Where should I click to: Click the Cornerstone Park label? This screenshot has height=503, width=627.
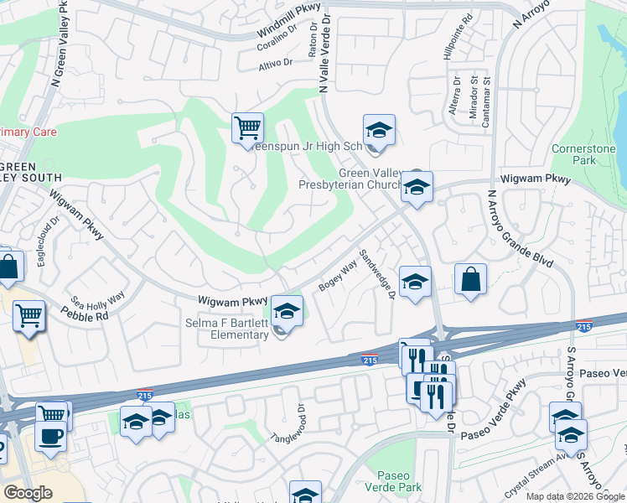573,154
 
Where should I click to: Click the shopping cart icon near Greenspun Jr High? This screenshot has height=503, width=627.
247,128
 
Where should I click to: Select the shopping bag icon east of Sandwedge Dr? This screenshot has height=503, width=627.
471,279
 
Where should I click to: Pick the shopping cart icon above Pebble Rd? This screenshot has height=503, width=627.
29,316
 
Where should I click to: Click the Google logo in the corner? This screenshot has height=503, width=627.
28,493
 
